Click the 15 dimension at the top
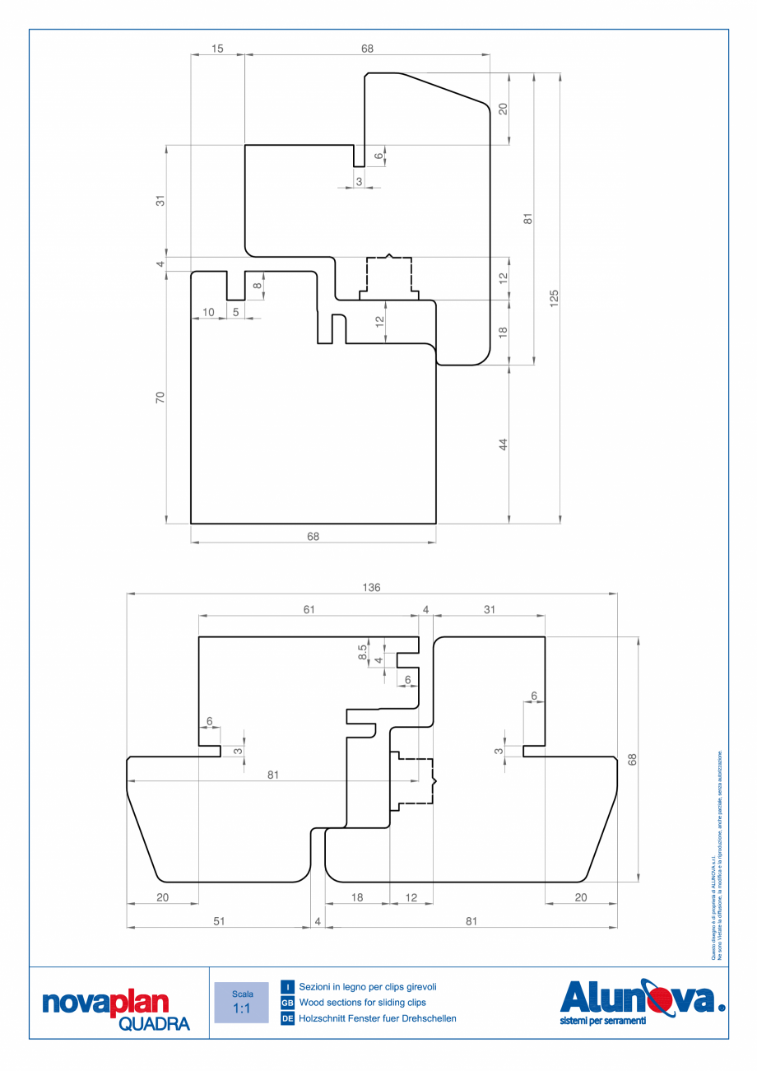click(217, 49)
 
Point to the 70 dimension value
click(160, 397)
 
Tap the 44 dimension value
click(503, 444)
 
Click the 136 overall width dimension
click(371, 587)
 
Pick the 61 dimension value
click(309, 609)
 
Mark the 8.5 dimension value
click(362, 651)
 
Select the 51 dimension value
click(219, 921)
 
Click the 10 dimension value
click(208, 312)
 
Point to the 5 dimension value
click(235, 312)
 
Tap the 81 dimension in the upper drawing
click(528, 218)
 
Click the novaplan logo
click(104, 1003)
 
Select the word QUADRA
click(154, 1023)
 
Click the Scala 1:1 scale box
click(241, 1002)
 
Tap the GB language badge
click(288, 1003)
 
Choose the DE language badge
click(288, 1018)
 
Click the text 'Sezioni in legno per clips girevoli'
click(367, 986)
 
